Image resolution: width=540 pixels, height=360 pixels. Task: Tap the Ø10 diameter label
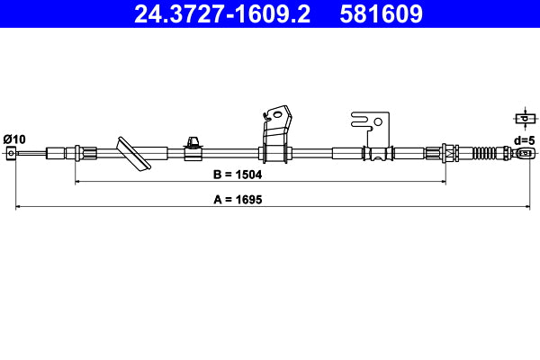tap(14, 138)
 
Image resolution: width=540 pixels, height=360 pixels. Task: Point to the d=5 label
tap(525, 139)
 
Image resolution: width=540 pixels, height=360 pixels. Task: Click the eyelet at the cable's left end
tap(12, 153)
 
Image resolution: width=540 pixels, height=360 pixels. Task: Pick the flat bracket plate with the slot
tap(371, 130)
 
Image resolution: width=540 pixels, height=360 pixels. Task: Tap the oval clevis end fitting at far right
tap(526, 153)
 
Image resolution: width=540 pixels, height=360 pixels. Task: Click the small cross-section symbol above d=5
tap(524, 118)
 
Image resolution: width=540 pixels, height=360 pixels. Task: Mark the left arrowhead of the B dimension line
tap(77, 182)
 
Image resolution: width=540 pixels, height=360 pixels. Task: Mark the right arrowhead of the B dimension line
tap(443, 182)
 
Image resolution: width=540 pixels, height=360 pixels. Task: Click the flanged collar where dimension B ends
tap(443, 153)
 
